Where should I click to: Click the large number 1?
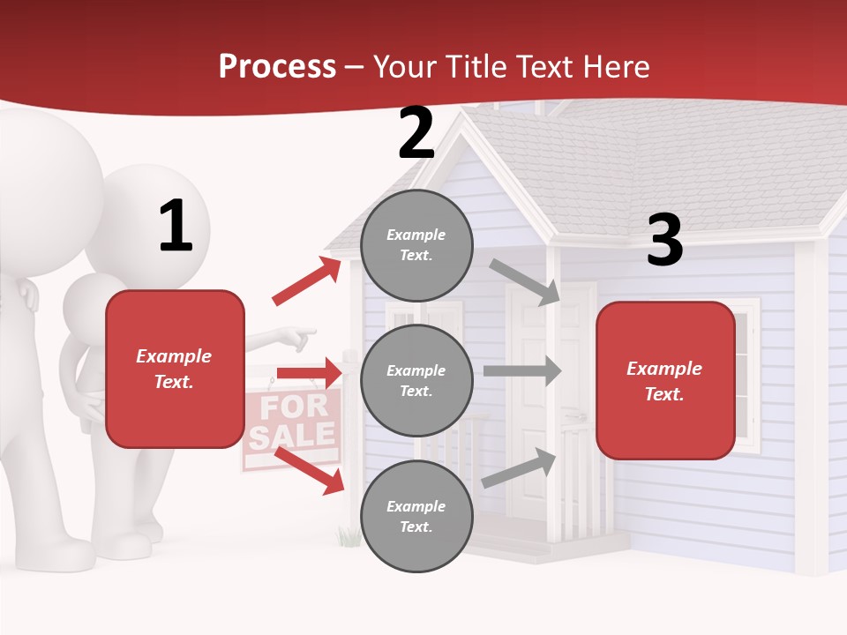(176, 226)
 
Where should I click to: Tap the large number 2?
(416, 133)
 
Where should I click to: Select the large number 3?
(664, 241)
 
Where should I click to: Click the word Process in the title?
(277, 66)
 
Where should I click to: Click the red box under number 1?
(175, 369)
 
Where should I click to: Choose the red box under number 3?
(665, 380)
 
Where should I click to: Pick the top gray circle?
(416, 244)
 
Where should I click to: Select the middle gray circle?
(416, 380)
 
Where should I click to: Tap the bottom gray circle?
(416, 516)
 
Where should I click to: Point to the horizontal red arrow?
(308, 373)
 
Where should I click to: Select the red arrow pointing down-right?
(309, 469)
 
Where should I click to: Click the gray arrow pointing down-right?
(525, 281)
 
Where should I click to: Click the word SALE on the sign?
(293, 436)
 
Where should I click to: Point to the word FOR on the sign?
(293, 407)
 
